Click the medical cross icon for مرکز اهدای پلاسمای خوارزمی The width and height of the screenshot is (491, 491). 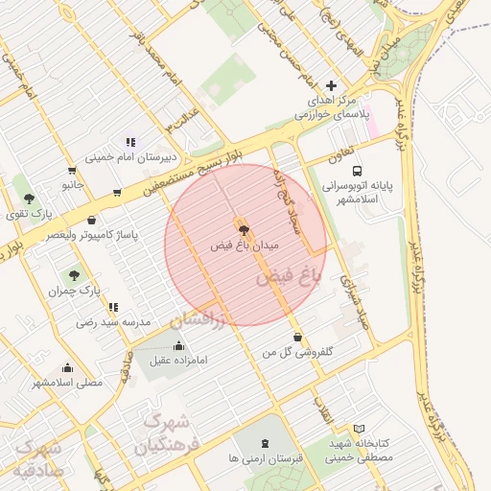[x=332, y=85]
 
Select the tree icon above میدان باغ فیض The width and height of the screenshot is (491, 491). [x=243, y=229]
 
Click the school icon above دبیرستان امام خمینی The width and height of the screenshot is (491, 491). [x=130, y=142]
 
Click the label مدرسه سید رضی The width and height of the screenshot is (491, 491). [x=114, y=323]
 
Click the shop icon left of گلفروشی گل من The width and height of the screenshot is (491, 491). [x=298, y=337]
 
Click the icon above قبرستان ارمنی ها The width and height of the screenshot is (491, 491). [x=265, y=442]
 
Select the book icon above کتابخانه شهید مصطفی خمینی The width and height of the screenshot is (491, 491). [x=359, y=429]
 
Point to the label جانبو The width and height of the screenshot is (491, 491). [x=74, y=181]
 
